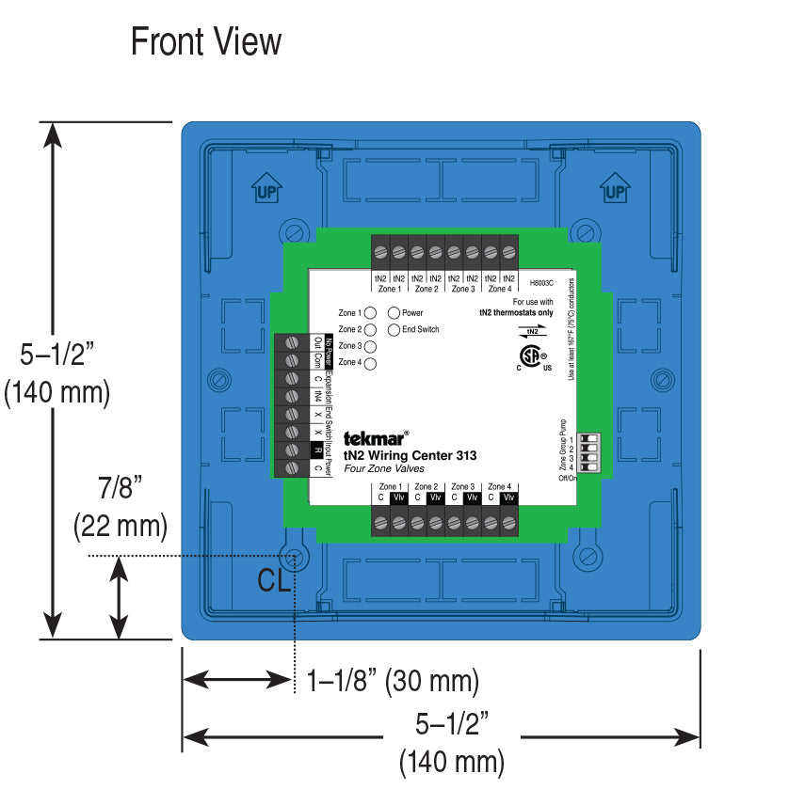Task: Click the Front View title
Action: (x=205, y=42)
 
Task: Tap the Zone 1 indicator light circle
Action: (x=370, y=312)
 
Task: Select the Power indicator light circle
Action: (x=394, y=312)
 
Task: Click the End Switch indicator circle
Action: (x=394, y=329)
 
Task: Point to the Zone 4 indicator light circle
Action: (x=370, y=363)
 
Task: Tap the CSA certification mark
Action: (x=534, y=357)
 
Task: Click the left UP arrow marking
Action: (x=265, y=189)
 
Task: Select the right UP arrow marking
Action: (x=615, y=189)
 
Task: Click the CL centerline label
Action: (x=274, y=580)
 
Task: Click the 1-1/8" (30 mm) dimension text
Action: (x=393, y=680)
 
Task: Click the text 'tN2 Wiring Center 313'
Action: (x=410, y=456)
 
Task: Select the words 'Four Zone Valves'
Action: (x=385, y=469)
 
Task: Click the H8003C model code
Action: (x=541, y=281)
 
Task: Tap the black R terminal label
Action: (x=316, y=450)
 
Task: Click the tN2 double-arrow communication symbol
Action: (x=532, y=330)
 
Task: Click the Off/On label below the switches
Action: (x=567, y=478)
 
